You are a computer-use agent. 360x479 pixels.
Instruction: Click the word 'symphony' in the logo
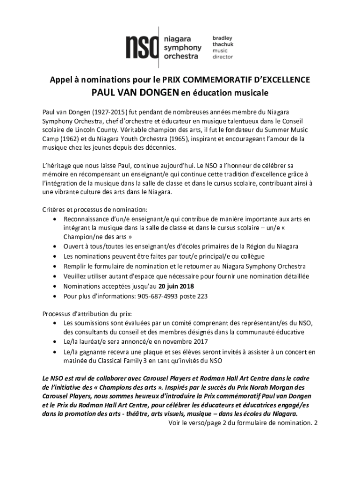click(x=182, y=48)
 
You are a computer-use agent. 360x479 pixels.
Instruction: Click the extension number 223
click(x=202, y=297)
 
